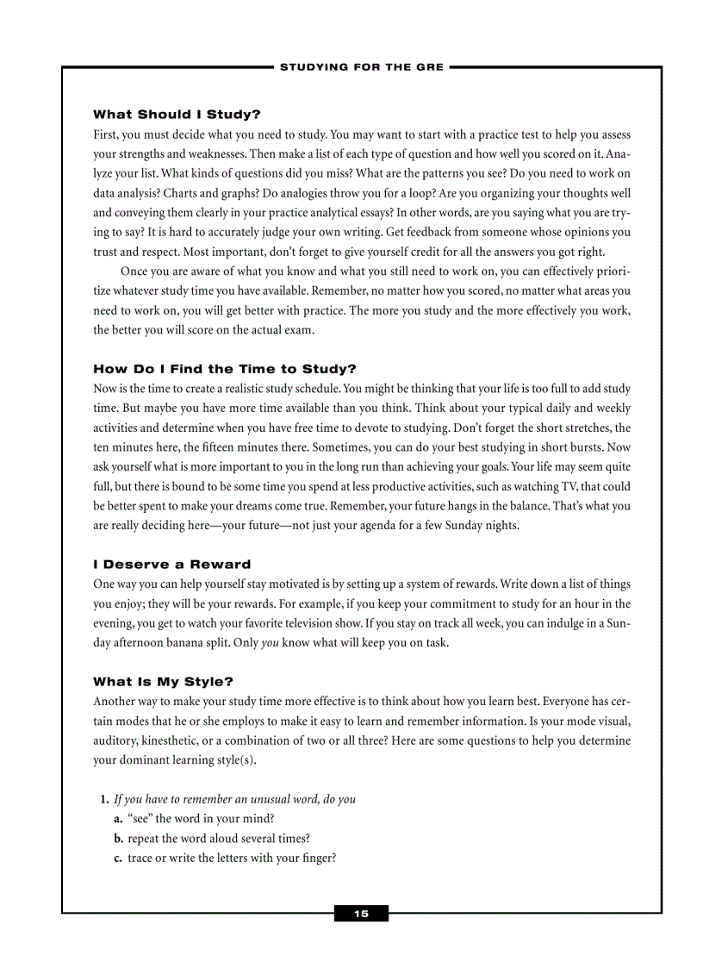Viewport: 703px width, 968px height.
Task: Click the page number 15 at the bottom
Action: coord(361,914)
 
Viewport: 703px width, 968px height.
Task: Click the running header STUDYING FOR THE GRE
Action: coord(362,67)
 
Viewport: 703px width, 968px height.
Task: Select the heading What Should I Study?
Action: coord(177,114)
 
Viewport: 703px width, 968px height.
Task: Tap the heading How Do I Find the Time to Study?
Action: coord(225,369)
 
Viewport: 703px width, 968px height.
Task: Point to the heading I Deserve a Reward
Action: coord(172,565)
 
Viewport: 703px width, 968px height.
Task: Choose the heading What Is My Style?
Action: coord(164,682)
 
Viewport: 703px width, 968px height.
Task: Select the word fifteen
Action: coord(193,447)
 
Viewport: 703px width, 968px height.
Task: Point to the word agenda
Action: coord(391,526)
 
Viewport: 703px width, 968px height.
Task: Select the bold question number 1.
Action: coord(106,799)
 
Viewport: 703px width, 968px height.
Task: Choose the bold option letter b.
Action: coord(119,838)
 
